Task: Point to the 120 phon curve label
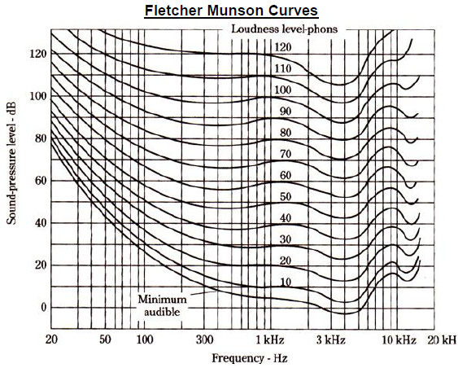283,47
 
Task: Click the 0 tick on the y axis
42,308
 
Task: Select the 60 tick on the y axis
40,181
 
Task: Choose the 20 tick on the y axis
40,265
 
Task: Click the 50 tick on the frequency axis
104,338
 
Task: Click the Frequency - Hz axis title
250,357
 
